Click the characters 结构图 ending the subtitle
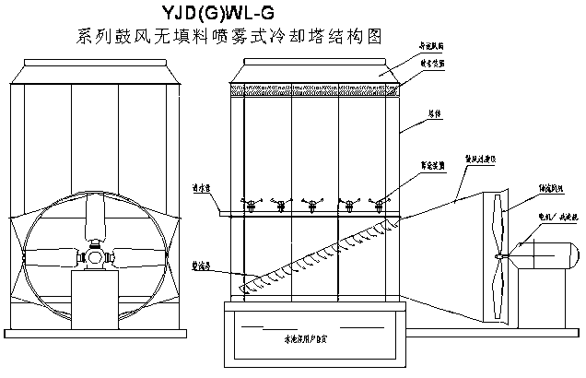(x=359, y=38)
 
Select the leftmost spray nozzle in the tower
(x=248, y=202)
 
